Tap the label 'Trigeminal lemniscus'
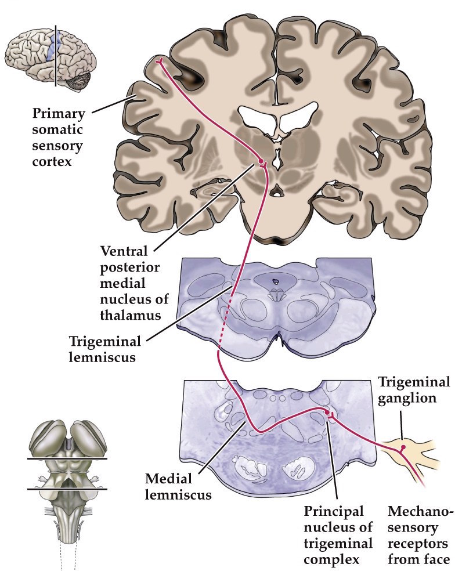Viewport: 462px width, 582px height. click(102, 348)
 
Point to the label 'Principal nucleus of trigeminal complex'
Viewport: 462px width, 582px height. click(334, 536)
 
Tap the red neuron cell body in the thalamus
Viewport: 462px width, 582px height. click(261, 160)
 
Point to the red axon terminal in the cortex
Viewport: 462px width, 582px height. click(158, 61)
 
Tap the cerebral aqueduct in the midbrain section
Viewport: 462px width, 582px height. click(276, 282)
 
